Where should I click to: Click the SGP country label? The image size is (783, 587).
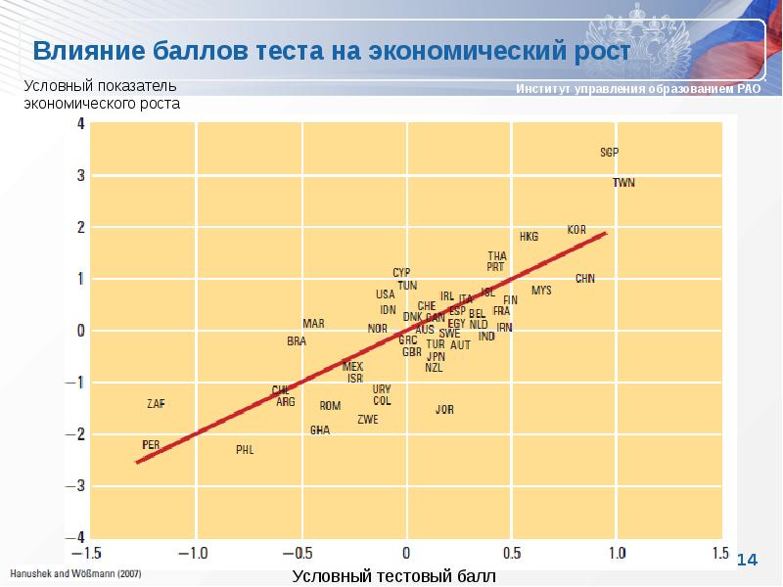click(x=609, y=153)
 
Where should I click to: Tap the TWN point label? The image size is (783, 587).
click(x=623, y=183)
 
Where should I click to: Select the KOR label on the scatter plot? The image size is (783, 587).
click(x=576, y=230)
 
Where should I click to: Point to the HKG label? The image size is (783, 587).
click(x=529, y=237)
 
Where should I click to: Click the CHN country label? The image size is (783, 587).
click(x=584, y=279)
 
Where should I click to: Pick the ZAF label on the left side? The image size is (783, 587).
click(x=156, y=403)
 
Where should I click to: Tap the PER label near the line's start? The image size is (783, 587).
click(x=151, y=444)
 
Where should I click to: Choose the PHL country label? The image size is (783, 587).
click(x=245, y=450)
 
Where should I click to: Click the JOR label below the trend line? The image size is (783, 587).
click(x=444, y=410)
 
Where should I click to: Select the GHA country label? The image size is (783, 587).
click(x=320, y=429)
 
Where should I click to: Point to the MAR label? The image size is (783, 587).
click(x=313, y=324)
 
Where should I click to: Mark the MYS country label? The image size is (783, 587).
click(x=541, y=291)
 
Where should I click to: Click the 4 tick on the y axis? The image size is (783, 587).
click(x=80, y=124)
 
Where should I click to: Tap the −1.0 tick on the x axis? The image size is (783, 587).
click(x=197, y=552)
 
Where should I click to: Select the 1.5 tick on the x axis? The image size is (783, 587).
click(x=720, y=552)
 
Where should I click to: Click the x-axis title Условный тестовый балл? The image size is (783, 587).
click(x=393, y=576)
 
